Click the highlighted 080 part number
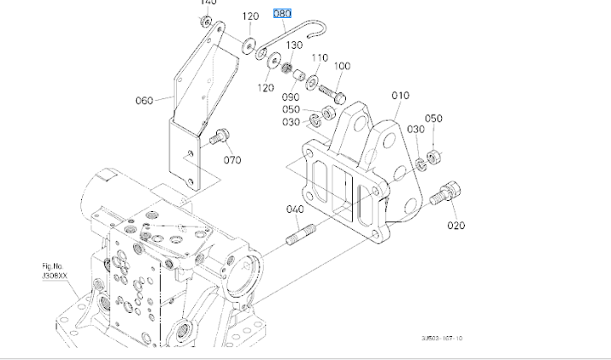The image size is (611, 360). (282, 15)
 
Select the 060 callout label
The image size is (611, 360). (144, 100)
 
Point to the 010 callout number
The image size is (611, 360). (401, 96)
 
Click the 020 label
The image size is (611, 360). (455, 226)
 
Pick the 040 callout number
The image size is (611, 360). (295, 210)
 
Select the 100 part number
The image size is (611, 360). (342, 66)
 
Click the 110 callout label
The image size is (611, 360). (319, 57)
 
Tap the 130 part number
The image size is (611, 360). (294, 45)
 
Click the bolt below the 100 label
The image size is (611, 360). (332, 86)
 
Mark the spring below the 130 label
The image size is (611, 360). (288, 65)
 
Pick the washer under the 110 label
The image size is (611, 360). (313, 80)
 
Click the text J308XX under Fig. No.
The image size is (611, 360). (56, 276)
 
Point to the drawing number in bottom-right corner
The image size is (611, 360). (442, 339)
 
